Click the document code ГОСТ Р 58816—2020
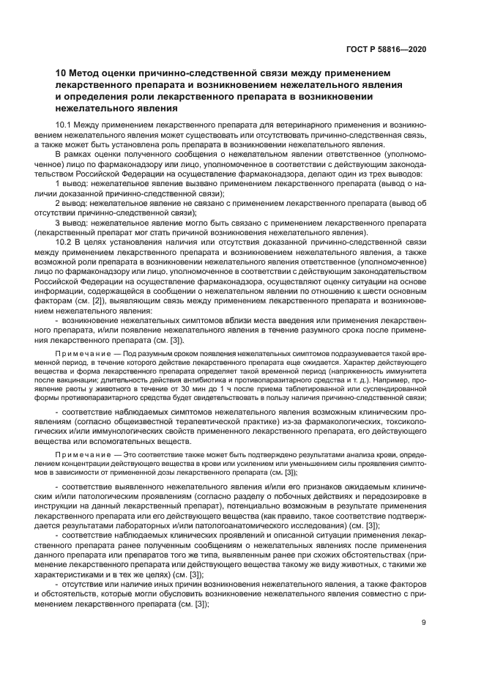tap(385, 49)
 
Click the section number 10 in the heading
tap(62, 73)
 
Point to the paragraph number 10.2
tap(64, 242)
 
